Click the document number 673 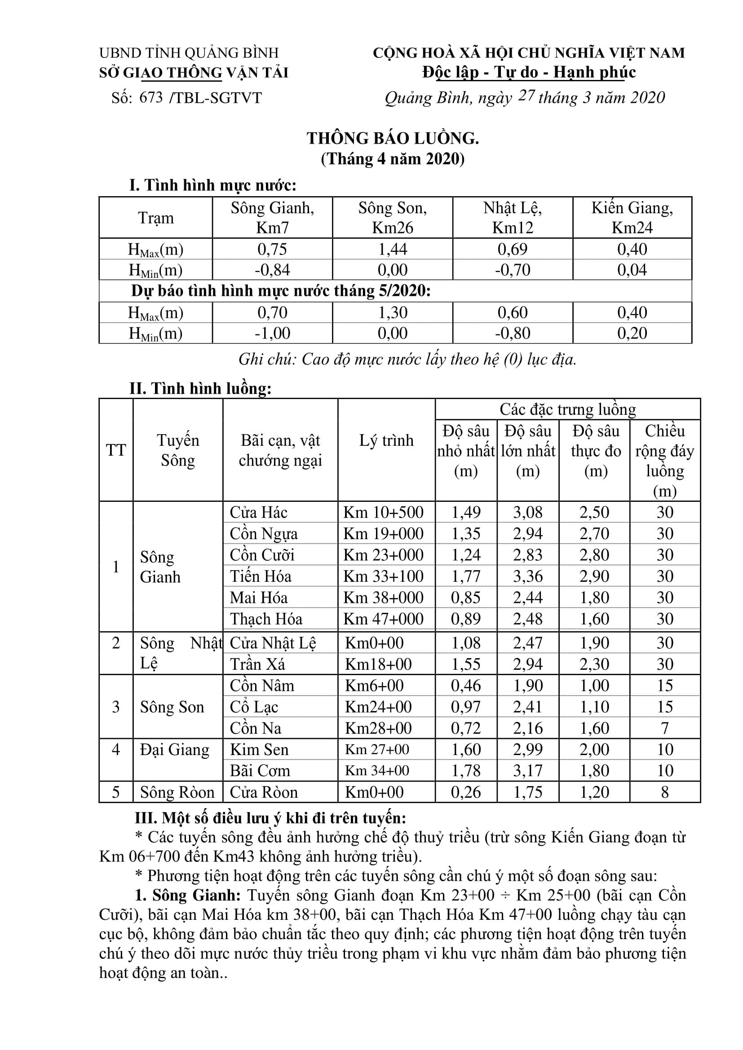[151, 97]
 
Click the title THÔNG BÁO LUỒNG [393, 138]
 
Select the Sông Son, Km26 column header [392, 218]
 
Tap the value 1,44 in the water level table [392, 249]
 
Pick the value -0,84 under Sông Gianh [272, 270]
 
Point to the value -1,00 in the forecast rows [272, 333]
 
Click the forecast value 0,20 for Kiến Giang [632, 333]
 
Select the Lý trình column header [386, 440]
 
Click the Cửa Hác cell [258, 512]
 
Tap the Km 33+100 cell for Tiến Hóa [383, 576]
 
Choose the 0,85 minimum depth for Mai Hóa [466, 597]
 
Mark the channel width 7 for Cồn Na [664, 728]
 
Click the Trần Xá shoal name [257, 664]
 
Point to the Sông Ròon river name [177, 792]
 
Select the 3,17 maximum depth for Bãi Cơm [527, 771]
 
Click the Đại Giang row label [174, 750]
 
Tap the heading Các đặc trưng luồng [567, 409]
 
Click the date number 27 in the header [526, 96]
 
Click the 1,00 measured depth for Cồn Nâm [594, 685]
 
